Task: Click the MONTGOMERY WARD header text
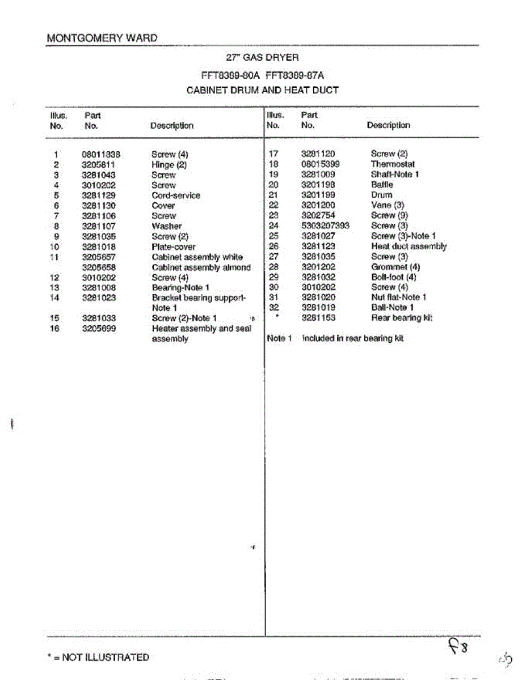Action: [x=102, y=39]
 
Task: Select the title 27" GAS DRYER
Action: [x=263, y=57]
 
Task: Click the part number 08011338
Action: [x=101, y=155]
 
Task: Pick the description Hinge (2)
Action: [x=169, y=165]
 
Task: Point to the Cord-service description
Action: [x=176, y=195]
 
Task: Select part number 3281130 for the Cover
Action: [x=99, y=206]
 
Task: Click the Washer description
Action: [x=167, y=226]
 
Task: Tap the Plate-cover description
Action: [x=174, y=247]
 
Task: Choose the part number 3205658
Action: [x=99, y=267]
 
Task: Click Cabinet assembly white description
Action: [x=197, y=257]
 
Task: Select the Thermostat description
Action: [x=393, y=164]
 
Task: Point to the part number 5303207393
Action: [x=325, y=226]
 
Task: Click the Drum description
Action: [x=381, y=195]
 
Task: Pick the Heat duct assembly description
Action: [x=409, y=246]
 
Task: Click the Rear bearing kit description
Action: [x=402, y=318]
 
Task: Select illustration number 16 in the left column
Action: [x=54, y=329]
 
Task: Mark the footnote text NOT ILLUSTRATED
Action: [x=105, y=657]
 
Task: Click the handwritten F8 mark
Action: [x=458, y=646]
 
